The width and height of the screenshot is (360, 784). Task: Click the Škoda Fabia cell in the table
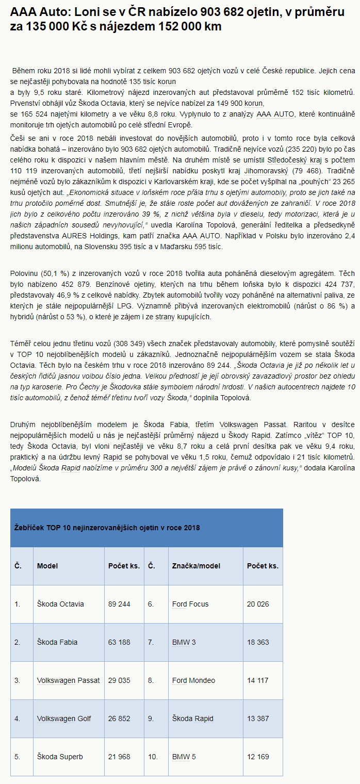point(57,642)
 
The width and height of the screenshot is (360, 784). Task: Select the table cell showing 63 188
point(119,642)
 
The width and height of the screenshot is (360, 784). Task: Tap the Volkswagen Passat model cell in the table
point(69,680)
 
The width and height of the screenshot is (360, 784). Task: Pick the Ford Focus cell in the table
point(190,604)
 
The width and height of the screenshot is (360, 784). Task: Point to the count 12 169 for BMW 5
point(258,757)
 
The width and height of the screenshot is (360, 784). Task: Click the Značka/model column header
point(196,566)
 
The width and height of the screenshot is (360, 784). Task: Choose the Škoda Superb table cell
point(60,757)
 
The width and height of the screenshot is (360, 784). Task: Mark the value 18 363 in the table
point(258,642)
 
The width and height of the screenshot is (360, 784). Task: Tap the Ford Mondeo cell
point(193,680)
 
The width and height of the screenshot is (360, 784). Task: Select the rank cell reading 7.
point(151,642)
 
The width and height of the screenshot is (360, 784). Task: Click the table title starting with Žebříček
point(107,528)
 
